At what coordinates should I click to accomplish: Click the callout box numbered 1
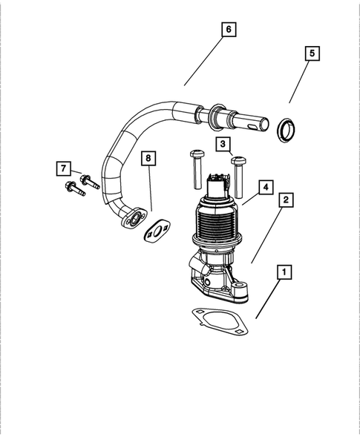(x=283, y=272)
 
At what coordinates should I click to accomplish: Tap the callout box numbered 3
(x=223, y=143)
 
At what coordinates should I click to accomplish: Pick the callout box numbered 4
(x=263, y=186)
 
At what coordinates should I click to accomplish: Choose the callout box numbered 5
(x=312, y=53)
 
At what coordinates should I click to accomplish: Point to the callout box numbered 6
(x=229, y=30)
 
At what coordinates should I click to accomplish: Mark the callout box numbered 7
(x=65, y=168)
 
